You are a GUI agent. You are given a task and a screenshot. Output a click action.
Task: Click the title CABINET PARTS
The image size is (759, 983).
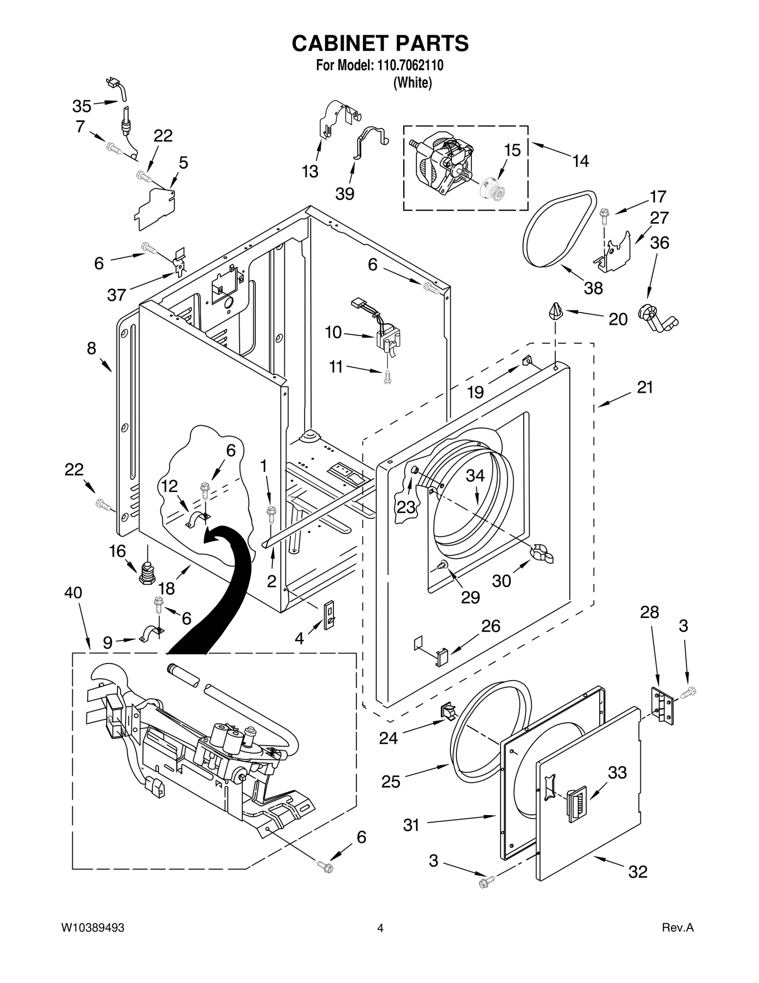tap(380, 43)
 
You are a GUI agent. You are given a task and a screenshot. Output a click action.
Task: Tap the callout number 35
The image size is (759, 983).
tap(82, 106)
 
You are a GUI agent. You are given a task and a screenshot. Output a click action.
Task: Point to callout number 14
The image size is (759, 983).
tap(580, 161)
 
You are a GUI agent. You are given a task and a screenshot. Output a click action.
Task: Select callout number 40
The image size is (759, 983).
tap(73, 592)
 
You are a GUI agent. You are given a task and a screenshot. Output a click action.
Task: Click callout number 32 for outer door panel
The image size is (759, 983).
tap(638, 871)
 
